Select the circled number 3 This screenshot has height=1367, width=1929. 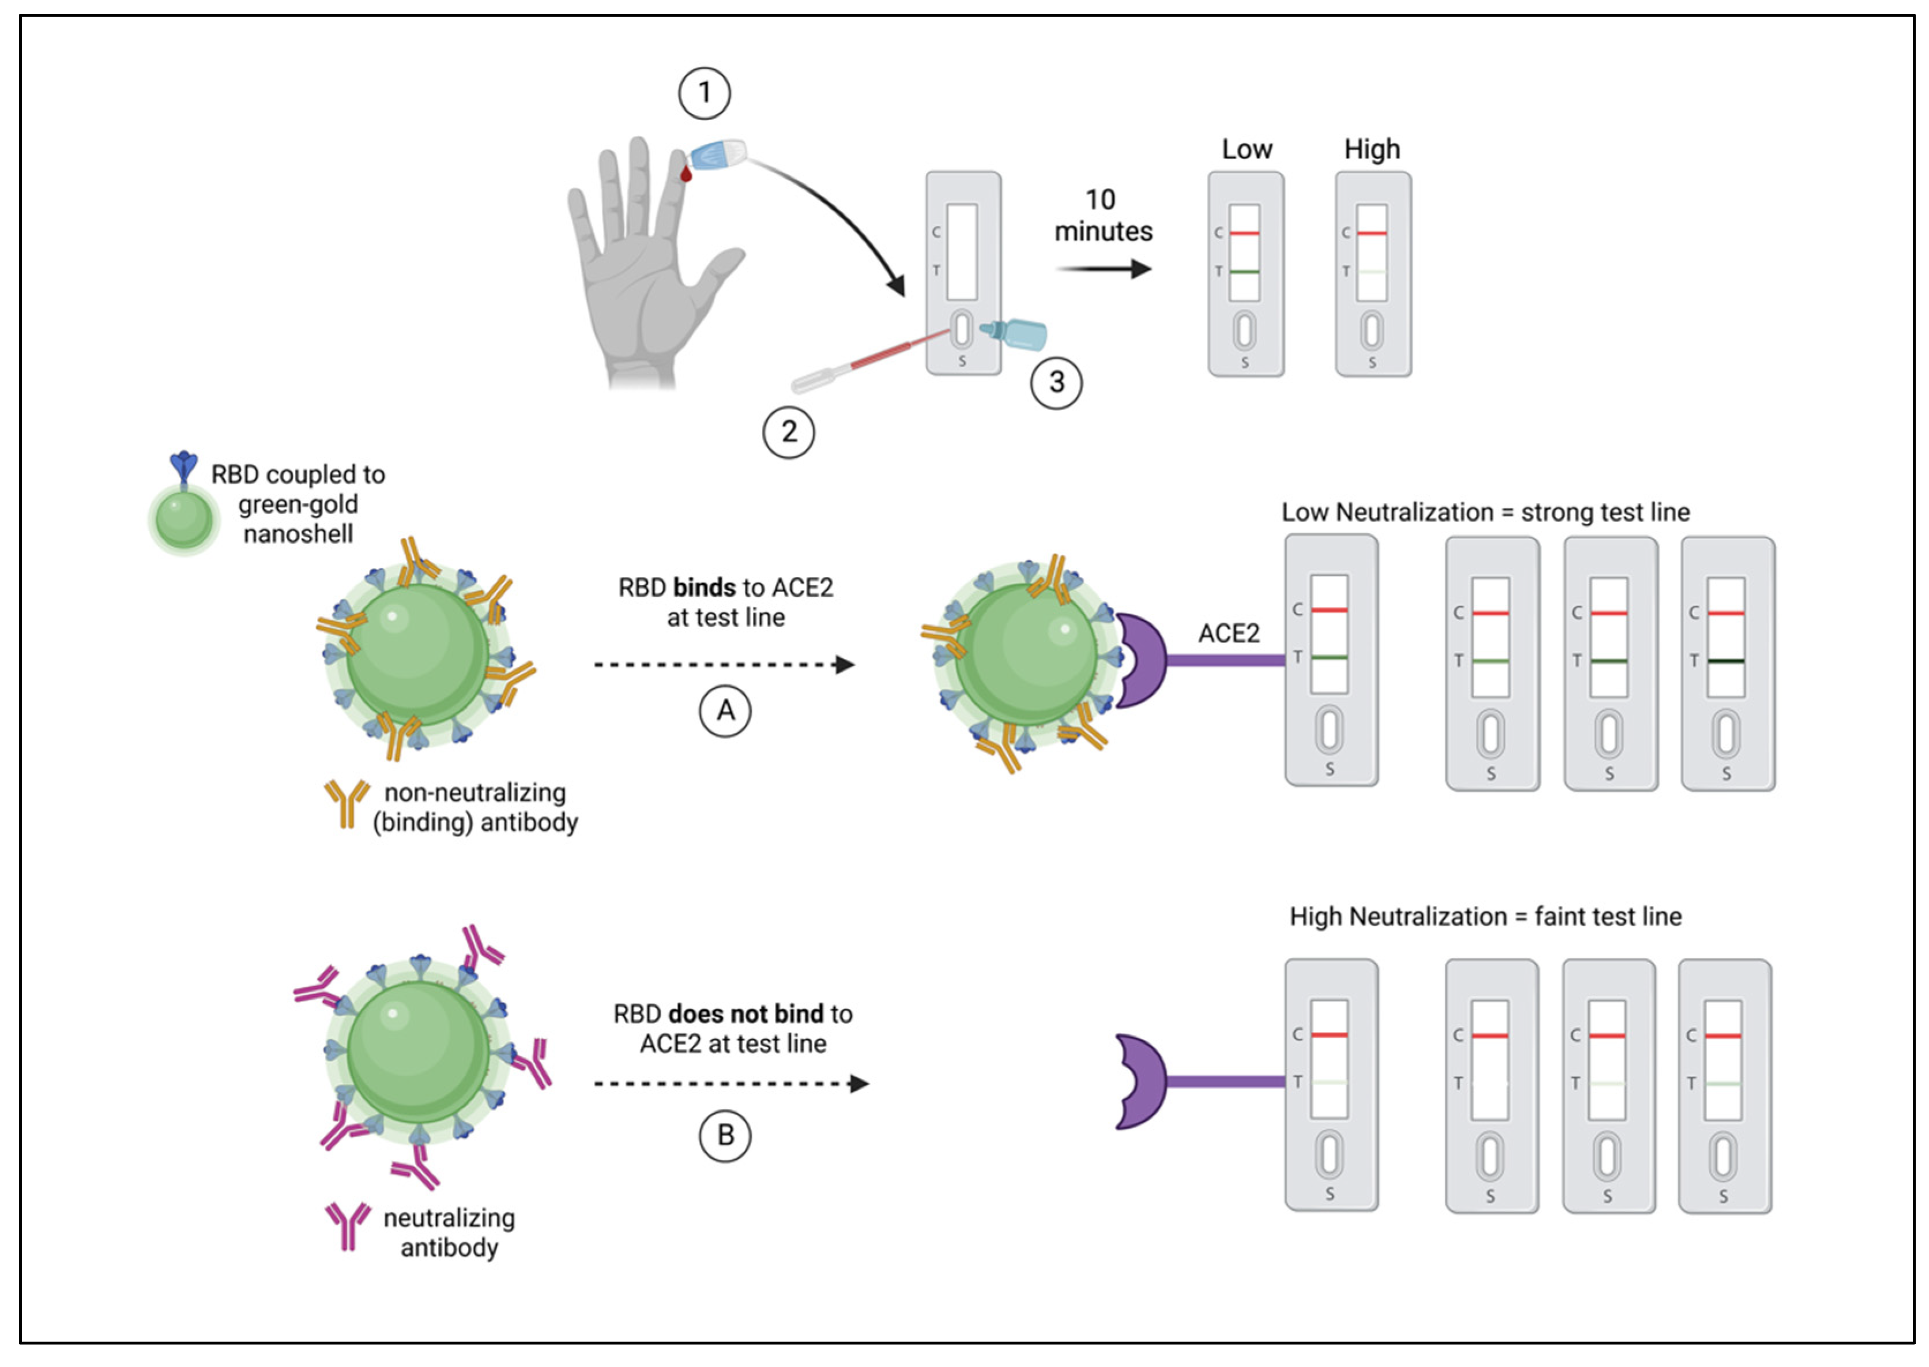[1056, 382]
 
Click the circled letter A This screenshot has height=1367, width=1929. [725, 711]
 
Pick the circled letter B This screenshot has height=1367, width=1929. [725, 1136]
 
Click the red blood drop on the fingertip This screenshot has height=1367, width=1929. [686, 174]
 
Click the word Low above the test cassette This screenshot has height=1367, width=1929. [1246, 150]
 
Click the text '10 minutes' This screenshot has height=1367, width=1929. [1102, 216]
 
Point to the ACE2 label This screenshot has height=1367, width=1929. [1228, 633]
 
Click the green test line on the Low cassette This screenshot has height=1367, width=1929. [1244, 272]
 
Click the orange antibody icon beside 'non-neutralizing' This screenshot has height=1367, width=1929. [346, 802]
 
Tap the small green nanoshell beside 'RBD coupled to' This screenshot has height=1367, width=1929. [183, 519]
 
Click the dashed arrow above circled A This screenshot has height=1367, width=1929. [724, 665]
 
